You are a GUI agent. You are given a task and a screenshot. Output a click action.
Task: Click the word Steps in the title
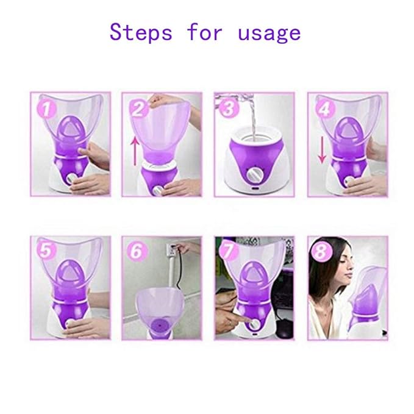click(140, 32)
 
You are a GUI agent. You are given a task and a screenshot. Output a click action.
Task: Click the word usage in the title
click(269, 33)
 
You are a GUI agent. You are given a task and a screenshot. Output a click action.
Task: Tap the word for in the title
click(204, 32)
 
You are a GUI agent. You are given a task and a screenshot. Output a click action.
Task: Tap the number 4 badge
click(324, 110)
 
